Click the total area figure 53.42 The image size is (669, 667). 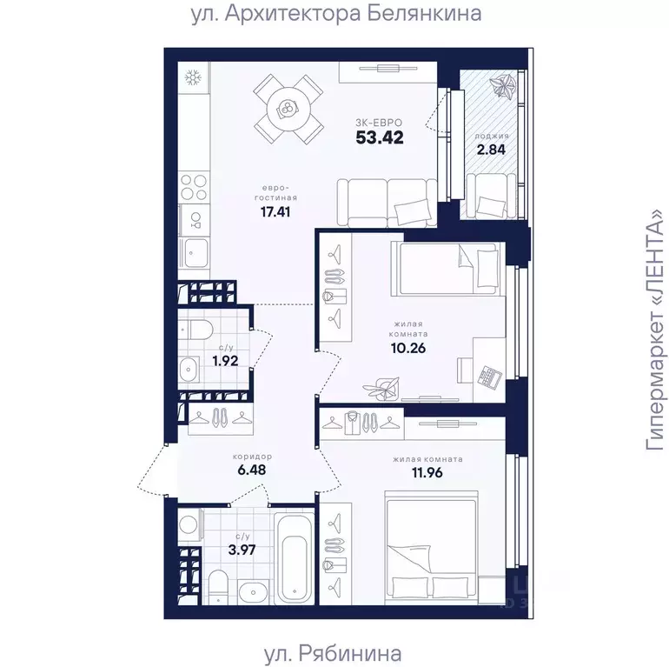coord(380,137)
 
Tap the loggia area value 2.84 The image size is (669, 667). coord(491,150)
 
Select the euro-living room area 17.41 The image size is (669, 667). coord(275,211)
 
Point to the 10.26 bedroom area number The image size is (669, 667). coord(408,348)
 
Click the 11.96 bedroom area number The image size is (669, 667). coord(427,472)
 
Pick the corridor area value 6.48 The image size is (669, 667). coord(252,470)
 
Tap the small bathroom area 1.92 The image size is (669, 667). coord(225,361)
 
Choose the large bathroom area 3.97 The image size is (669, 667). coord(242,550)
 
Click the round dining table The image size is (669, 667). coord(288,110)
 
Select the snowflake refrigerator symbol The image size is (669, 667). coord(193,78)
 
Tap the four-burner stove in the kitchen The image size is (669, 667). coord(194,188)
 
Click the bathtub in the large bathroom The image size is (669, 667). coord(294,558)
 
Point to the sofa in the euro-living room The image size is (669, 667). coord(387,203)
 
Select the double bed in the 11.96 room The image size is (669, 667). coord(431,548)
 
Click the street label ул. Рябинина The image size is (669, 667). coord(333,653)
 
